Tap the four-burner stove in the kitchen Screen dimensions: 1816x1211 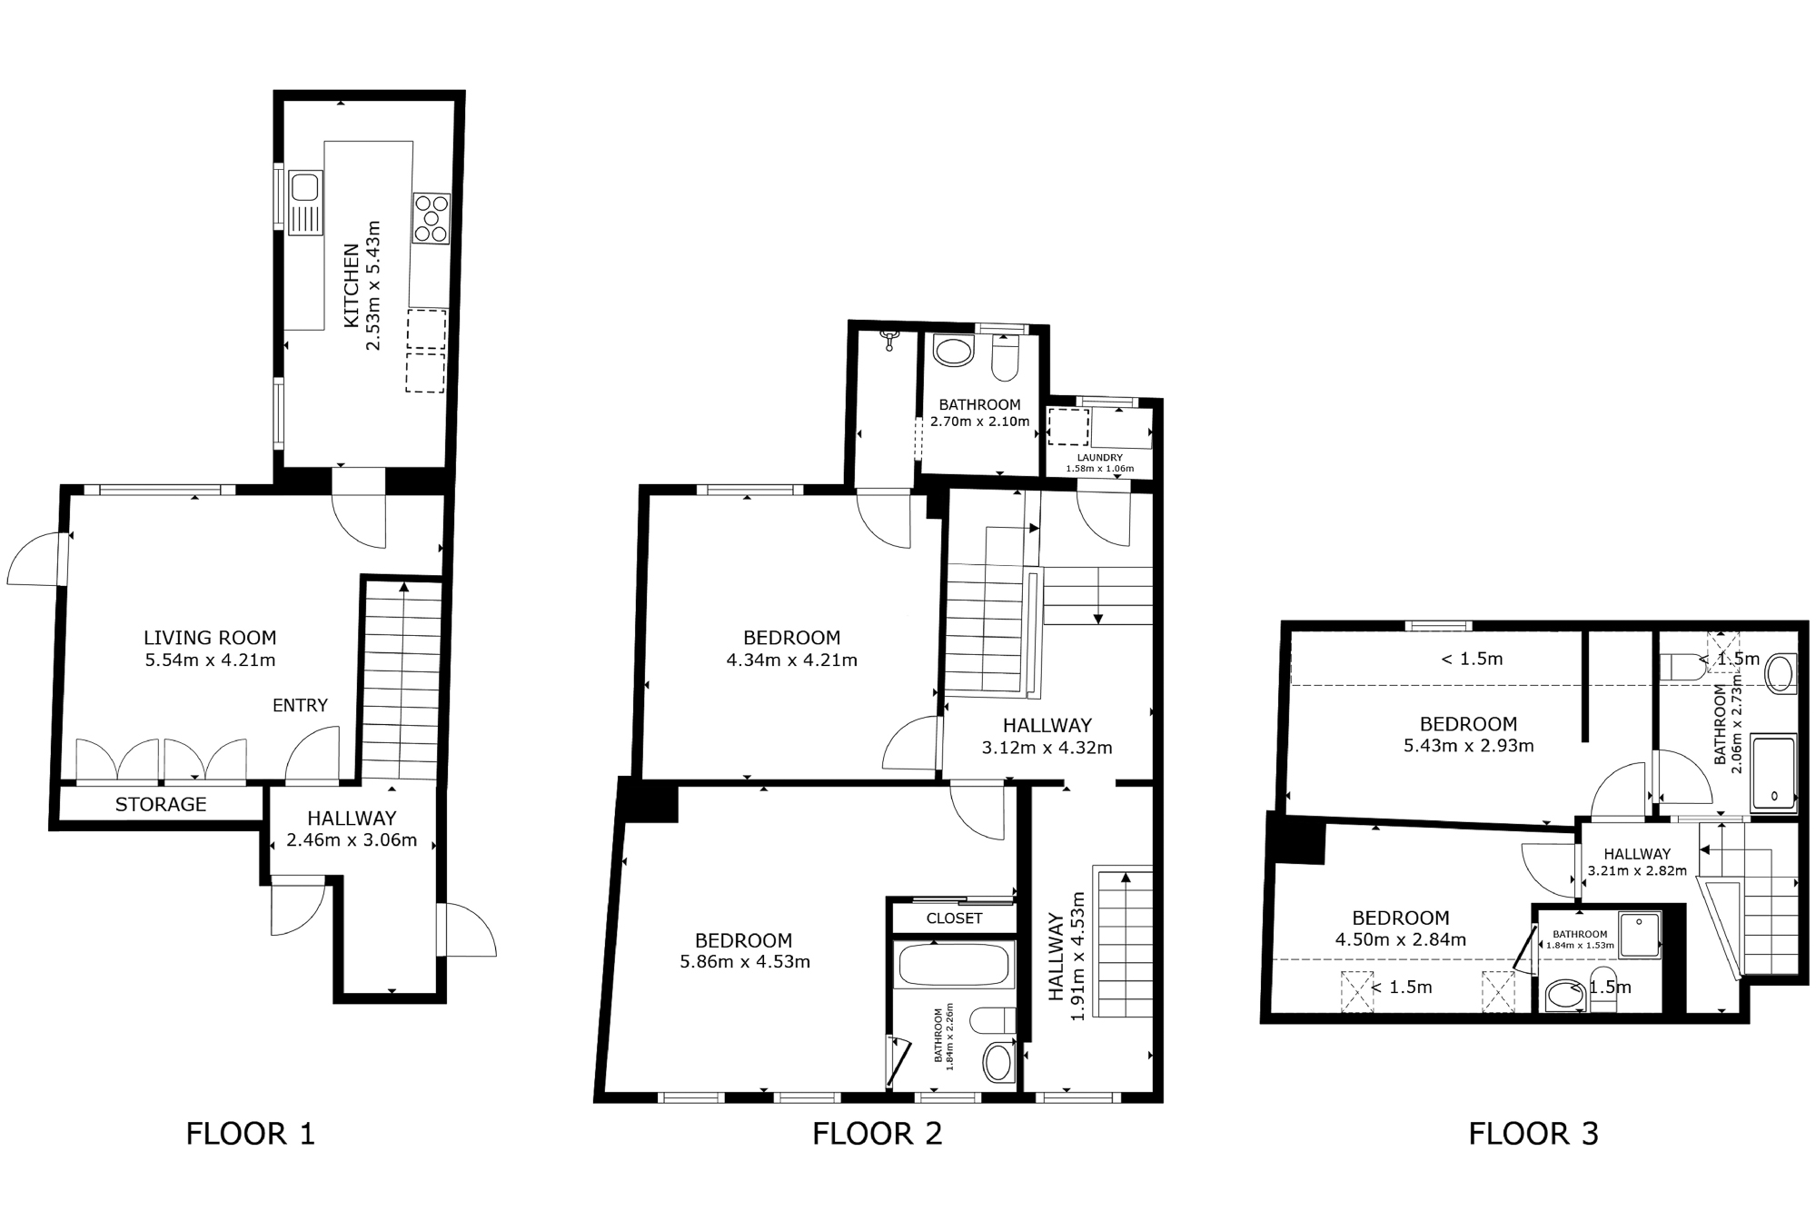coord(431,219)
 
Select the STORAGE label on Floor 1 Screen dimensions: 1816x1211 coord(161,804)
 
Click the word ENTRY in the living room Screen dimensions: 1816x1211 coord(300,705)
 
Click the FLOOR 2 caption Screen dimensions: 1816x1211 coord(877,1134)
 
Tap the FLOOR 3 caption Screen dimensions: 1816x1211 coord(1533,1134)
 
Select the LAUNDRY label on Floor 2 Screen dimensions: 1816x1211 coord(1099,458)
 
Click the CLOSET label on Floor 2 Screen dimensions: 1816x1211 coord(954,918)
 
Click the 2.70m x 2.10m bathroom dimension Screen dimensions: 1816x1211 coord(979,422)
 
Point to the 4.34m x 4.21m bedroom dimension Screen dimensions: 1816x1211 coord(791,660)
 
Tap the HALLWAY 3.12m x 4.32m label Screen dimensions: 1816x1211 coord(1047,737)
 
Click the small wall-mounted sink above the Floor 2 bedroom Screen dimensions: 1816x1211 coord(890,341)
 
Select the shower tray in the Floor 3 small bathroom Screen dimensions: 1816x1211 coord(1639,935)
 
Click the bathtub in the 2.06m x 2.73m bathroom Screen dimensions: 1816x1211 coord(1773,771)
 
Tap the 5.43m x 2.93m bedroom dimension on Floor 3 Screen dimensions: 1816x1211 coord(1468,747)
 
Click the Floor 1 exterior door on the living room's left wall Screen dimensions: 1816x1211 coord(36,558)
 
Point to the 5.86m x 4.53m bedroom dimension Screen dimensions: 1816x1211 coord(745,962)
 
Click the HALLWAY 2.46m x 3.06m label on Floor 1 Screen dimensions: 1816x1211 coord(352,829)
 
